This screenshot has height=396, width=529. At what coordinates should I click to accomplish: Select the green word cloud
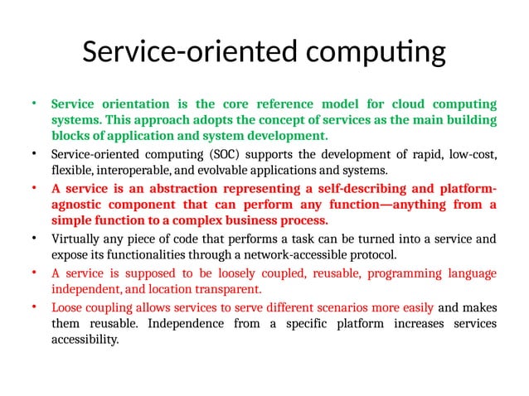[372, 104]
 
